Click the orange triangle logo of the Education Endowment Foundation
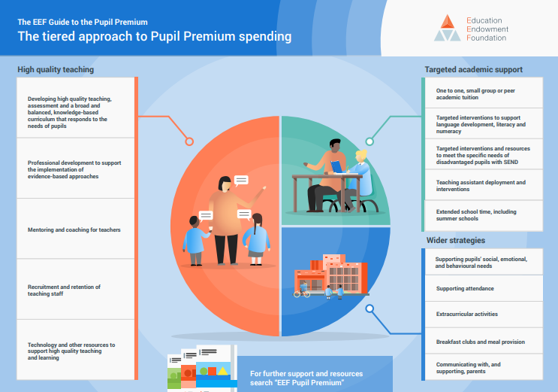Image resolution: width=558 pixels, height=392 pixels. coord(448,22)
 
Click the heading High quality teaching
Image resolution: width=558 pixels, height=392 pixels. coord(56,69)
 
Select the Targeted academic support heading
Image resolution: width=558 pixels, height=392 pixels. coord(473,69)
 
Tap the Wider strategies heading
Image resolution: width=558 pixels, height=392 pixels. coord(456,241)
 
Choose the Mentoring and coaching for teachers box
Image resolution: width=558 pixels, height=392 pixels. coord(75,229)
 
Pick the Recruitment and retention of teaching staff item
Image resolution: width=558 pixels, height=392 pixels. coord(75,290)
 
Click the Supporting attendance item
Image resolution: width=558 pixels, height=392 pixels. coord(484,288)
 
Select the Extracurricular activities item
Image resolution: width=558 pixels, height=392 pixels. coord(484,315)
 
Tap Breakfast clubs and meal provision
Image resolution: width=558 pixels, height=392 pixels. coord(484,341)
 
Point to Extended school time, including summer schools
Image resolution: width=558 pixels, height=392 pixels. coord(484,215)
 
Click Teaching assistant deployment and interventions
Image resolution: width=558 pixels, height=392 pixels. coord(484,185)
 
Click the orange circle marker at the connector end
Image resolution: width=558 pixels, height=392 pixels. coord(189,141)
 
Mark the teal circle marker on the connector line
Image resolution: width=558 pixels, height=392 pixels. coord(369,141)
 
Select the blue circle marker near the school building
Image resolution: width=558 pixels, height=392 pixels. coord(369,308)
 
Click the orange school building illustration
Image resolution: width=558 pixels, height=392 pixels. coord(331,275)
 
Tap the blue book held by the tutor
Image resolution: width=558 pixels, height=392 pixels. coord(336,167)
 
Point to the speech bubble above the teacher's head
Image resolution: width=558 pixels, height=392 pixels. coord(241,181)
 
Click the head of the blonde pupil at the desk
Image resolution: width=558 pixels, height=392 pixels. coord(361,156)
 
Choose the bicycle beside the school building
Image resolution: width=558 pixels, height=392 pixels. coord(302,293)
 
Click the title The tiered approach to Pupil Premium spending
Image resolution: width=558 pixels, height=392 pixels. coord(155,36)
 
